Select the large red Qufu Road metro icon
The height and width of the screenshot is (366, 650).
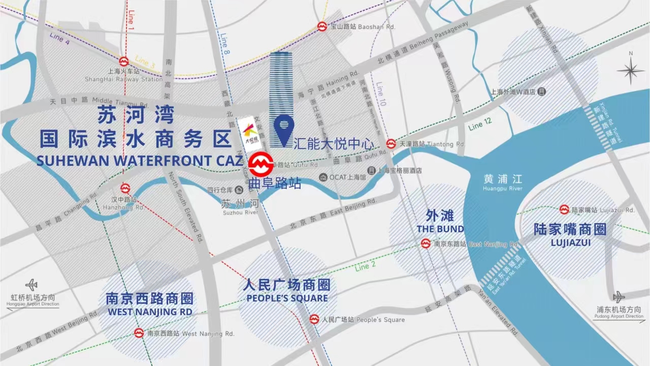point(260,164)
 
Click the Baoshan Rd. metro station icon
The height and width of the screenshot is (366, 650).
point(322,26)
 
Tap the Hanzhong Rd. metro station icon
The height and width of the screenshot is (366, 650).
point(125,189)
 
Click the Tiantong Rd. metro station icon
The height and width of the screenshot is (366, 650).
point(391,144)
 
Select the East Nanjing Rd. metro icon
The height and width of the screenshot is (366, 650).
point(426,244)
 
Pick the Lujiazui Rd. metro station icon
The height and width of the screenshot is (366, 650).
point(564,209)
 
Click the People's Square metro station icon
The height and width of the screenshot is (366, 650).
point(314,319)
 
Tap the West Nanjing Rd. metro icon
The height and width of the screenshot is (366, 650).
point(139,333)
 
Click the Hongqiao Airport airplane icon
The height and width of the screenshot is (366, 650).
point(31,285)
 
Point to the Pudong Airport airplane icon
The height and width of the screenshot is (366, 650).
point(619,297)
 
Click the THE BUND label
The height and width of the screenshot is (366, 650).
point(440,229)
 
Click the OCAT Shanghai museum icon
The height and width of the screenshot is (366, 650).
point(323,177)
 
